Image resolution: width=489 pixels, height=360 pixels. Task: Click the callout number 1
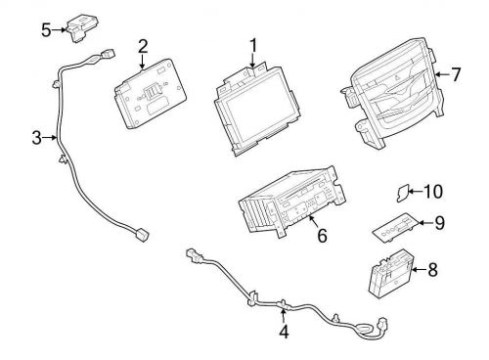253,46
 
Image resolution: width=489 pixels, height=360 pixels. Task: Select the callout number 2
143,46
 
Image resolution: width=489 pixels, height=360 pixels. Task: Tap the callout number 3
37,138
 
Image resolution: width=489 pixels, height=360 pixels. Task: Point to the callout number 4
284,332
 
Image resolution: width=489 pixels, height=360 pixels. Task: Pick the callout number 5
46,30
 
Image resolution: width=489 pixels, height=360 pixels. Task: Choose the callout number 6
322,236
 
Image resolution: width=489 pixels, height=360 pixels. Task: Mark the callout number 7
456,74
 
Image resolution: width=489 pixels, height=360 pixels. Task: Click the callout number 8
432,270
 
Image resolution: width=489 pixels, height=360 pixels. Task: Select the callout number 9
440,223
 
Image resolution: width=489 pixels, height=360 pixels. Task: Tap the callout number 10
433,192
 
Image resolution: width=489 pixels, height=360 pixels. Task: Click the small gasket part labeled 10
403,193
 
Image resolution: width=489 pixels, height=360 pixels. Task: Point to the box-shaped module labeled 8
391,274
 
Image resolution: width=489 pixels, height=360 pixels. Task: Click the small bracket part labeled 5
83,28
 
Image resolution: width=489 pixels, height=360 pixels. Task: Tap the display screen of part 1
257,112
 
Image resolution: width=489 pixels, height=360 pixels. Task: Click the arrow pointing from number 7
442,74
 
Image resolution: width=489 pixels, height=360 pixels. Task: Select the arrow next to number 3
50,138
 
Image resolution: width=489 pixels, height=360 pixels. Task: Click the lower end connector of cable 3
142,234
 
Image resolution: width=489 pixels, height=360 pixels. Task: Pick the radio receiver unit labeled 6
291,202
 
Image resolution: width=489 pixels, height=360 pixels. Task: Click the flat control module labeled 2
151,94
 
